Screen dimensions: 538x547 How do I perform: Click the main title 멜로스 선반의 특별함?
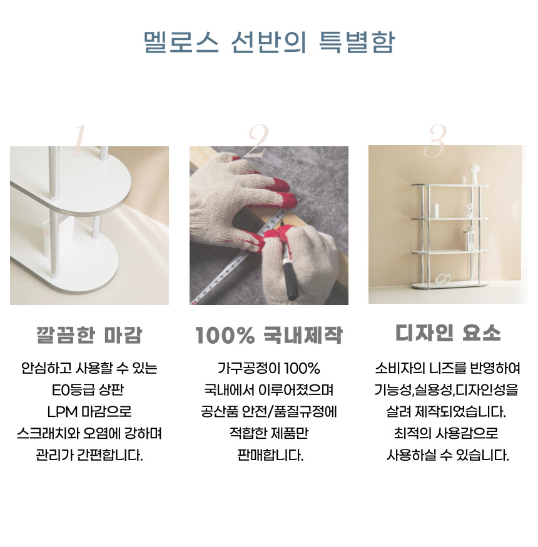pos(269,43)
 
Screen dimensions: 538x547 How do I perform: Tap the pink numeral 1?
pos(79,141)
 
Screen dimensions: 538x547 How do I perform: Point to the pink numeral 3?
pos(434,140)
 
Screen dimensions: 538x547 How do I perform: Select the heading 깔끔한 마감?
pos(89,335)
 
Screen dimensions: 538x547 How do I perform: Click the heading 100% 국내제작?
pos(269,335)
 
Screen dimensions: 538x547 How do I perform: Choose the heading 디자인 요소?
pos(448,333)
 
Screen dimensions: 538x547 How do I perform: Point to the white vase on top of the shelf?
pos(473,174)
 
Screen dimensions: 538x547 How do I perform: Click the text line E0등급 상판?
pos(88,389)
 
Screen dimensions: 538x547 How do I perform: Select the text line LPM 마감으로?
pos(89,411)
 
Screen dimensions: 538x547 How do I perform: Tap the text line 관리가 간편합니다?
pos(89,455)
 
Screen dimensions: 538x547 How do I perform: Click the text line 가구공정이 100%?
pos(269,368)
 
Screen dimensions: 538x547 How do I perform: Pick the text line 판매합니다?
pos(270,455)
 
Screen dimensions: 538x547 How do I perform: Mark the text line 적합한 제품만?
pos(269,433)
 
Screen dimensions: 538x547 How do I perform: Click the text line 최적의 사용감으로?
pos(446,433)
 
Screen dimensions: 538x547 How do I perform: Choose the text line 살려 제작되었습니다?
pos(446,411)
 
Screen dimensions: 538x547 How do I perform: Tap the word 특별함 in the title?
pos(357,43)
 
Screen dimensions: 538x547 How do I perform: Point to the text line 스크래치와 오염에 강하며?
pos(89,433)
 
